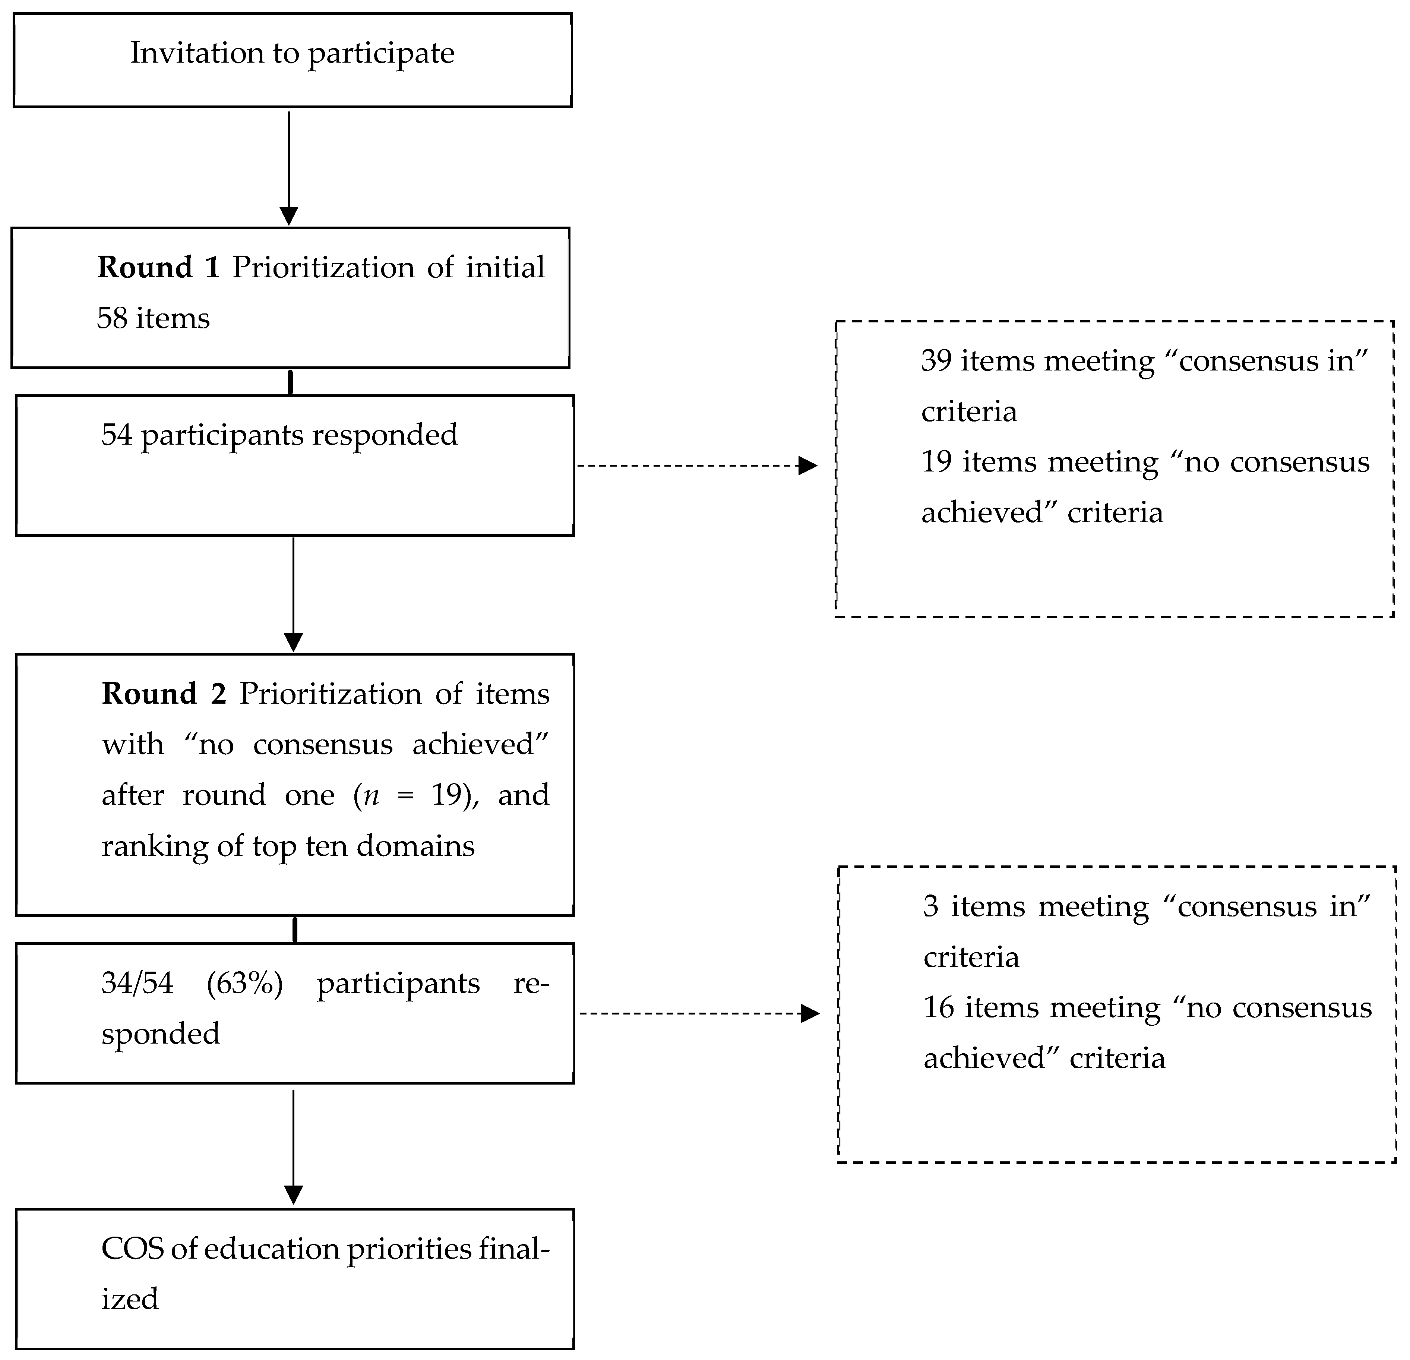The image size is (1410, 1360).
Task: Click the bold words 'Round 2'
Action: (x=164, y=694)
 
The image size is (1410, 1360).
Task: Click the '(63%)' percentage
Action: (x=244, y=983)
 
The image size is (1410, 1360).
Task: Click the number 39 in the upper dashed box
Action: (x=937, y=360)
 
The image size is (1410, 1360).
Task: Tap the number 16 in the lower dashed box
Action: (x=939, y=1007)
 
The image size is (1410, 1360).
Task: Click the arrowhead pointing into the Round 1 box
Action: (x=288, y=216)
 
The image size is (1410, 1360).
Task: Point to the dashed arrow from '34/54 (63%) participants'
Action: (x=698, y=1014)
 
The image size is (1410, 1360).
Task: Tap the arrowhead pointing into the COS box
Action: (x=294, y=1195)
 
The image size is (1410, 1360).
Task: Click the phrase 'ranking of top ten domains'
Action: (x=288, y=846)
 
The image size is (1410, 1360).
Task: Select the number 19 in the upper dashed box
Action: (x=937, y=462)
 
